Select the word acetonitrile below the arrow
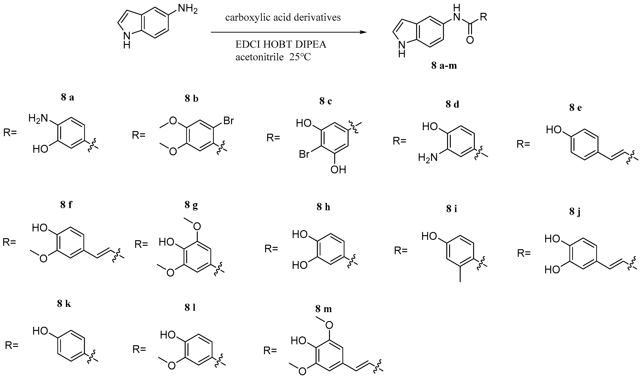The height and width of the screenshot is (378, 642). tap(259, 57)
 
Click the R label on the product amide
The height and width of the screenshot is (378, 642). tap(483, 17)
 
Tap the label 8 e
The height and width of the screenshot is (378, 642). tap(576, 108)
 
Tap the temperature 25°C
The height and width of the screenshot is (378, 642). tap(300, 57)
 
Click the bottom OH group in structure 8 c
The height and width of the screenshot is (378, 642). tap(338, 170)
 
